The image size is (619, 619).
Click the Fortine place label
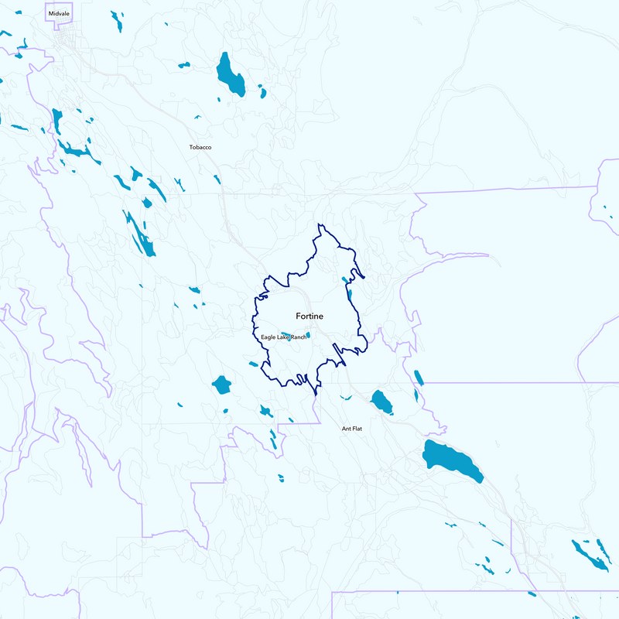(x=309, y=316)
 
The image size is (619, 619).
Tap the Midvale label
(x=58, y=14)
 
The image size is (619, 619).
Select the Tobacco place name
(x=200, y=147)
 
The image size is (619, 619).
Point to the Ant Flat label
(x=352, y=429)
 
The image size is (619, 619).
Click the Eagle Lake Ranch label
(x=283, y=337)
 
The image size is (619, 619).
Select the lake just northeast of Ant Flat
(x=381, y=401)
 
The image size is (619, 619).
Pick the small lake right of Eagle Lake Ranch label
(x=308, y=335)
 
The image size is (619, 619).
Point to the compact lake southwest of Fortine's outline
(x=222, y=385)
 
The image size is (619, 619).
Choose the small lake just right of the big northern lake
(x=263, y=94)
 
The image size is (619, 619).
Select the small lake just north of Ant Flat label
(x=346, y=398)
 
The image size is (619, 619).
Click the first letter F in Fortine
(x=298, y=316)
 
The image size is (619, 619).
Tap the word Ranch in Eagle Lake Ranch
(x=297, y=337)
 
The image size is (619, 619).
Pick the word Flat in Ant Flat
(x=357, y=429)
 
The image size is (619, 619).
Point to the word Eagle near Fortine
(x=268, y=337)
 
